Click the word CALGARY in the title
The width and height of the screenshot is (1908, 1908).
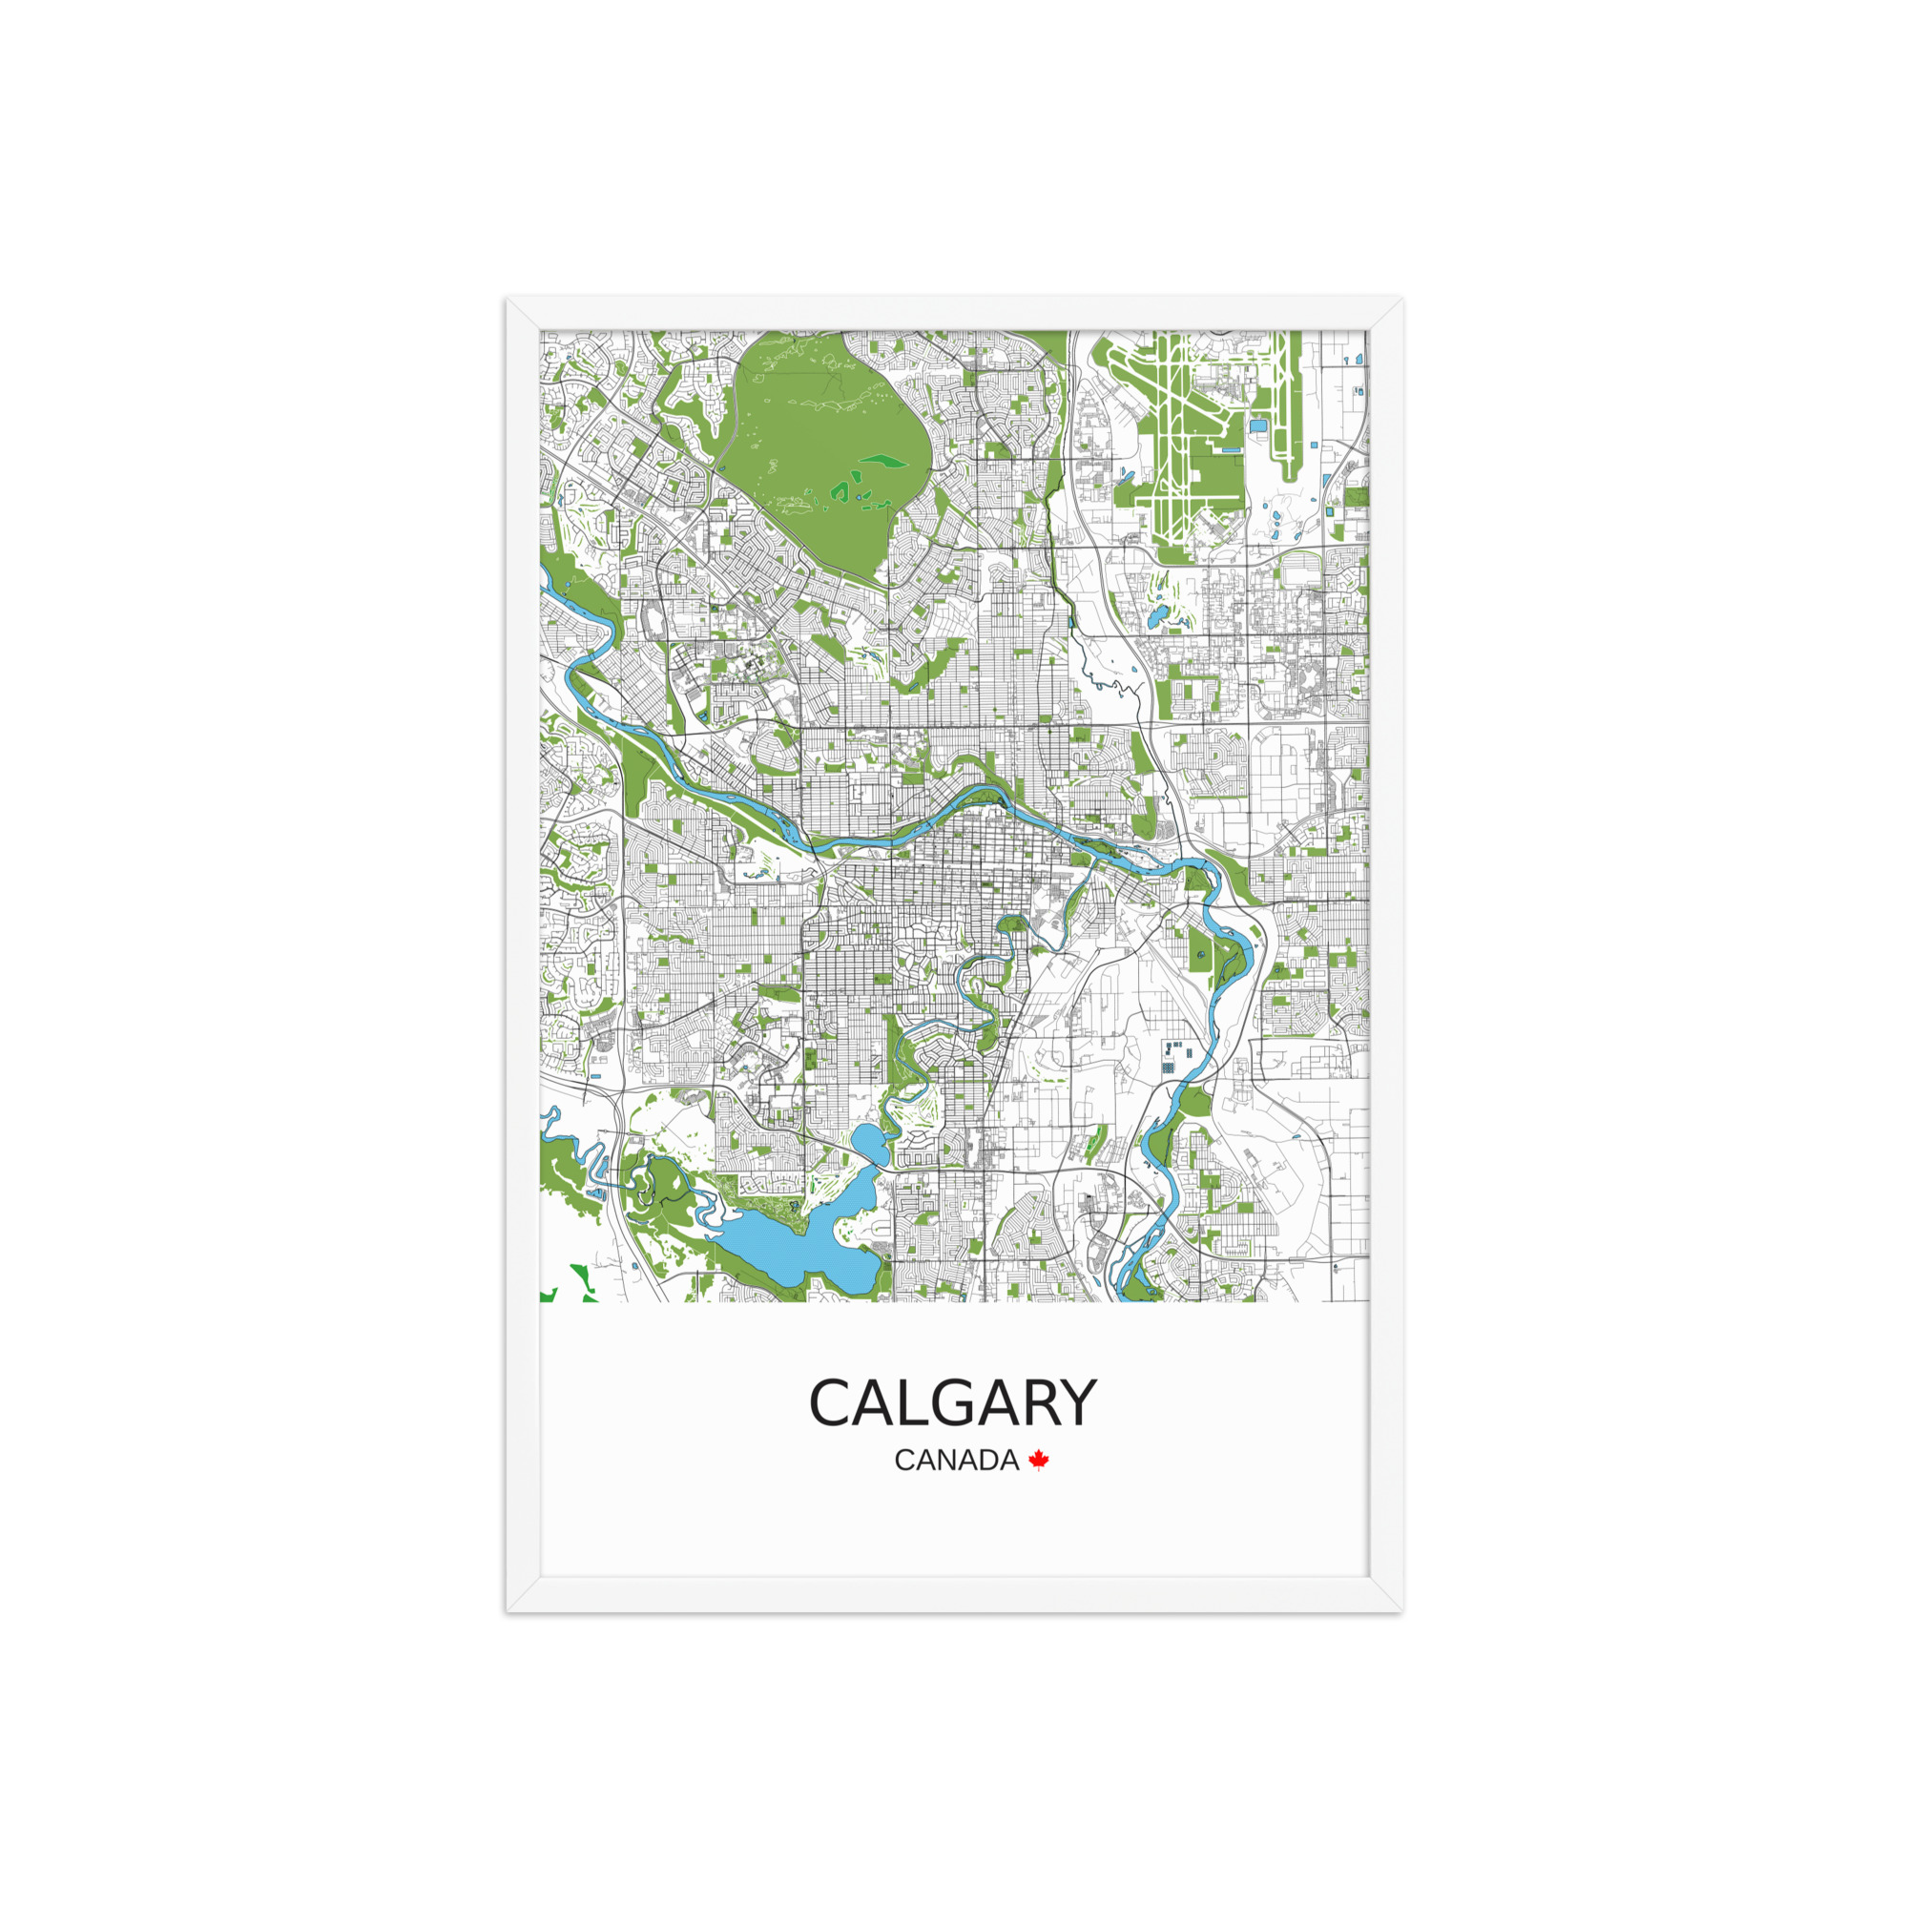(x=952, y=1403)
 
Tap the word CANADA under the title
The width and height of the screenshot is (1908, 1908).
(x=956, y=1460)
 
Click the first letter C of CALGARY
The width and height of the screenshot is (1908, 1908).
(x=832, y=1403)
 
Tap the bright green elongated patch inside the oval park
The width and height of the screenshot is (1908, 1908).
(x=884, y=459)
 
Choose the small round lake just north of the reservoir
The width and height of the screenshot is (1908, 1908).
(x=870, y=1144)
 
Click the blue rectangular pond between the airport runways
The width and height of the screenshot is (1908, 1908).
(x=1258, y=425)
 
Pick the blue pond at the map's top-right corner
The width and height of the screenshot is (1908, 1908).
(x=1364, y=359)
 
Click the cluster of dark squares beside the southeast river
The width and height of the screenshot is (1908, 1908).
(x=1172, y=1054)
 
